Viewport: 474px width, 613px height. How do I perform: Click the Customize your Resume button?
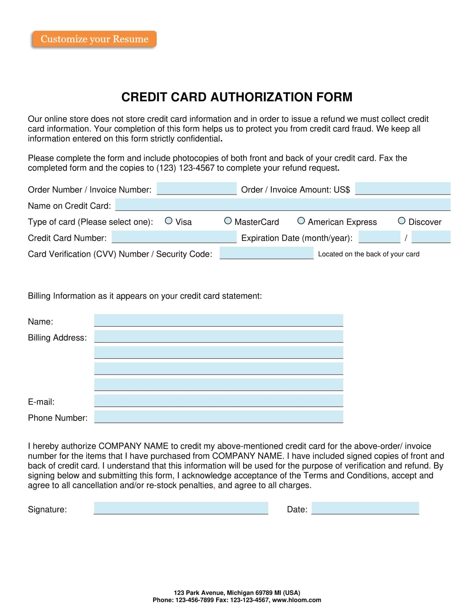[94, 39]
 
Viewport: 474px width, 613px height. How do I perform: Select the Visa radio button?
[168, 221]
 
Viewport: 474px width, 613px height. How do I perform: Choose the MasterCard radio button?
[228, 221]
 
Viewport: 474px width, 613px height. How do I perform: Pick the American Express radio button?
[301, 221]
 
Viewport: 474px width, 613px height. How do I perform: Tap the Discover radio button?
[402, 221]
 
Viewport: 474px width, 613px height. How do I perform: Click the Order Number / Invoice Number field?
[197, 188]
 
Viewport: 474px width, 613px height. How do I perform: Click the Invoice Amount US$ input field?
[403, 188]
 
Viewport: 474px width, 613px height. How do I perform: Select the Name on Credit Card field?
[283, 205]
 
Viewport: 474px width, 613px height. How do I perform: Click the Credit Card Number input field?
[174, 237]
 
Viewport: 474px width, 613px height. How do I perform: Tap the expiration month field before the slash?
[379, 237]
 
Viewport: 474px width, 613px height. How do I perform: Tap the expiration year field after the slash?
[431, 237]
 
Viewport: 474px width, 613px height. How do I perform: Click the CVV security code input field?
[267, 253]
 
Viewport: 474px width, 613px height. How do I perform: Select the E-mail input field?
[219, 400]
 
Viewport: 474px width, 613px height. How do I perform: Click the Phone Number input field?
[219, 417]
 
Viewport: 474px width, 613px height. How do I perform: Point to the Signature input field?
[181, 508]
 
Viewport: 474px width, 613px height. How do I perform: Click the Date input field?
[365, 508]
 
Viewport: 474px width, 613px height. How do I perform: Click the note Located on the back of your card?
[369, 254]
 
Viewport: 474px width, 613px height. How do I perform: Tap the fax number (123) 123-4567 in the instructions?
[185, 168]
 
